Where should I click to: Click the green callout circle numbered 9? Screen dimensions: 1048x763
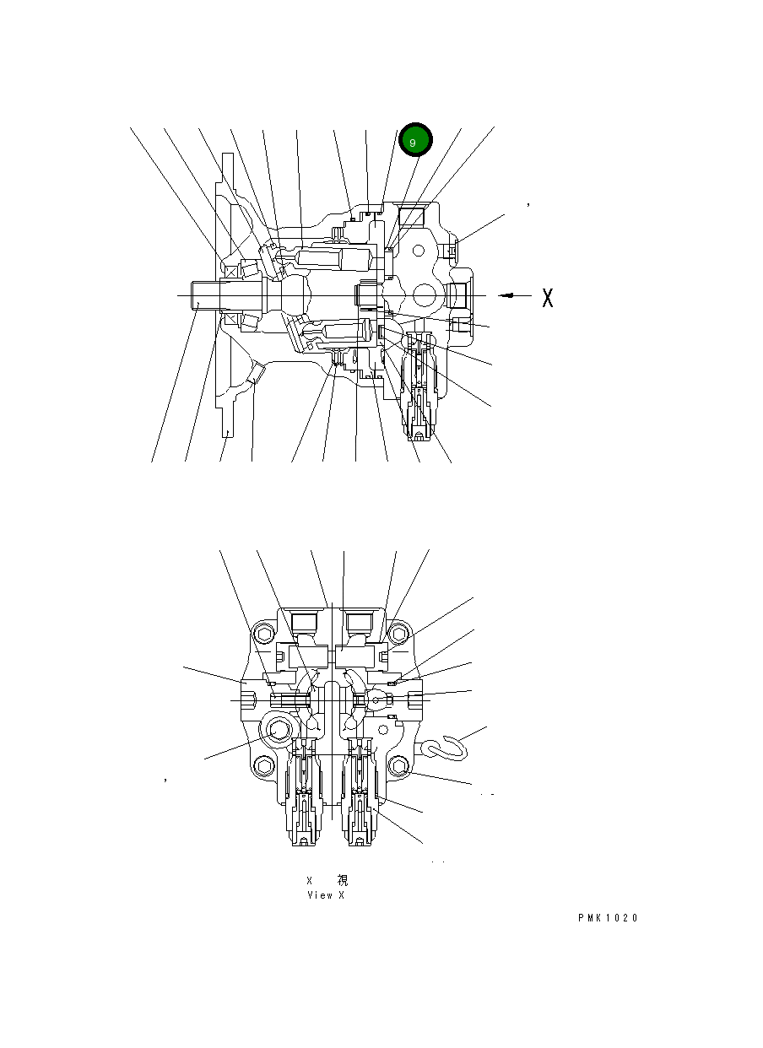click(415, 141)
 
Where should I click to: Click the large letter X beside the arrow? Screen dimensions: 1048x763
click(548, 297)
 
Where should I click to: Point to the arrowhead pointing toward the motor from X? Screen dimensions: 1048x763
click(505, 295)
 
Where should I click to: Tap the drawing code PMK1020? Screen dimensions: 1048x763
click(608, 918)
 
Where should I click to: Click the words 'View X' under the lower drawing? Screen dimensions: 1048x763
click(325, 895)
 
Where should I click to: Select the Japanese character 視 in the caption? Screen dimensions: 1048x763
click(342, 880)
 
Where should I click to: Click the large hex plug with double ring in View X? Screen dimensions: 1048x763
click(277, 731)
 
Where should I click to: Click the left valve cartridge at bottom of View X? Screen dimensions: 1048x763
click(304, 793)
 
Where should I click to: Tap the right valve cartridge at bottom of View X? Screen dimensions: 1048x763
click(361, 793)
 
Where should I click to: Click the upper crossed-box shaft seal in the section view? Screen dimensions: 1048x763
click(230, 272)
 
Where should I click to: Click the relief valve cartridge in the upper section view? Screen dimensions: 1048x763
click(420, 388)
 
